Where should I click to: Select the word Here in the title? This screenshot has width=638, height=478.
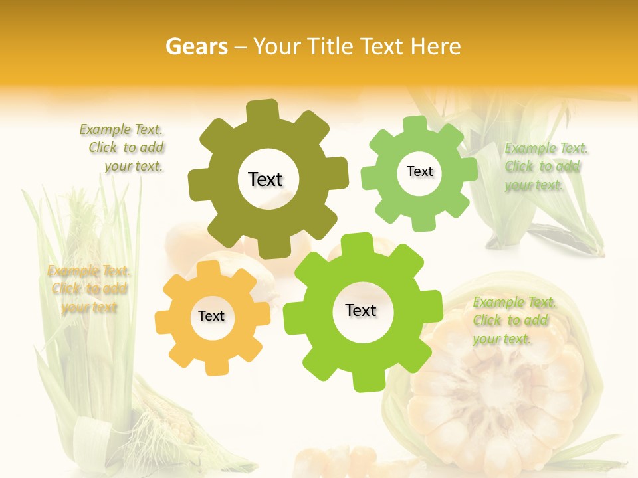pyautogui.click(x=436, y=46)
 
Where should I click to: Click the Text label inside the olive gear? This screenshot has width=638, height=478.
pyautogui.click(x=265, y=179)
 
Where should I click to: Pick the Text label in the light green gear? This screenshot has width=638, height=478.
pyautogui.click(x=419, y=171)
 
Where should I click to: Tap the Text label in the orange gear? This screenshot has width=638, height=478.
pyautogui.click(x=211, y=316)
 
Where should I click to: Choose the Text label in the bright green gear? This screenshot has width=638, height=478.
pyautogui.click(x=361, y=311)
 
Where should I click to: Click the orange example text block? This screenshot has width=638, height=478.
pyautogui.click(x=89, y=289)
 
